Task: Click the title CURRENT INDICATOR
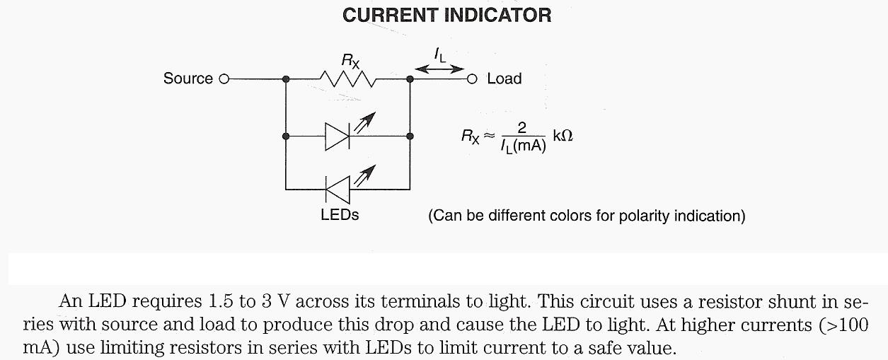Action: pos(446,16)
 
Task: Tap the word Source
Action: pos(188,79)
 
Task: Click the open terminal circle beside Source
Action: pos(224,79)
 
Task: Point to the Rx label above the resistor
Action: pos(350,61)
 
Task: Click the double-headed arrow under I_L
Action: pos(439,69)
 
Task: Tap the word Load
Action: pos(504,79)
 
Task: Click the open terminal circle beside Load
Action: pos(472,79)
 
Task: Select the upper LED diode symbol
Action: pos(338,136)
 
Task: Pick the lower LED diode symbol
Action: pos(338,190)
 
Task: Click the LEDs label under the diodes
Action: pos(340,214)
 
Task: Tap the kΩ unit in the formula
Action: pos(563,135)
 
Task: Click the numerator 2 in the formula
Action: pos(522,127)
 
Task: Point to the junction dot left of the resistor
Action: pos(285,79)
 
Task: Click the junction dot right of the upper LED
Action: pos(410,136)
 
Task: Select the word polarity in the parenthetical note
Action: pos(643,215)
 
